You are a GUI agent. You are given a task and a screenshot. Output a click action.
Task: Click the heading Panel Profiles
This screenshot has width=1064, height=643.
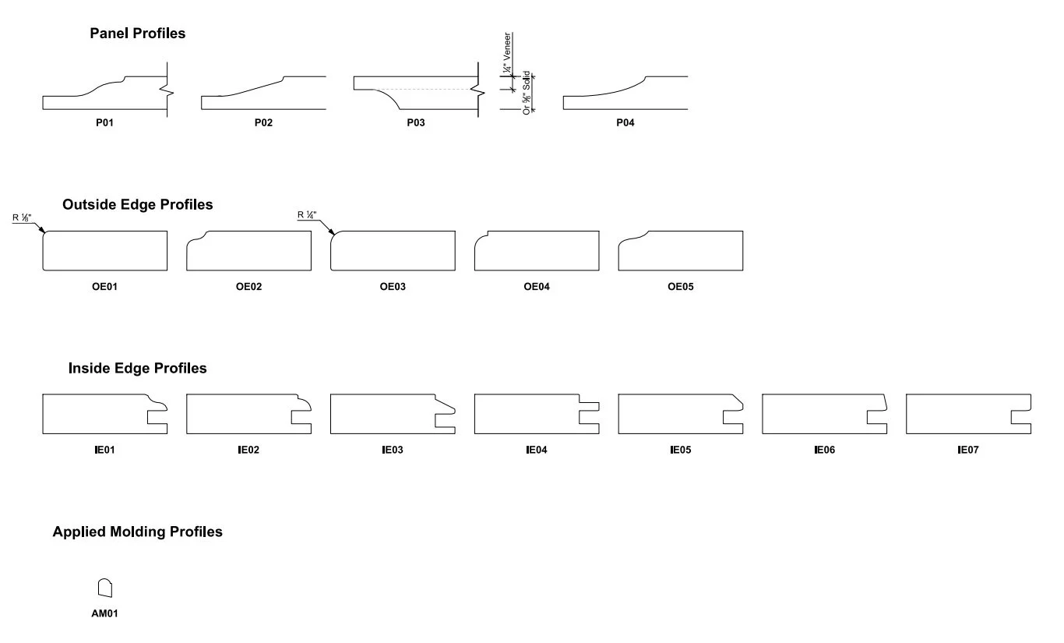[137, 34]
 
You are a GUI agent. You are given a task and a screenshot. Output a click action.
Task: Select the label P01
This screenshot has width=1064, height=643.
[104, 123]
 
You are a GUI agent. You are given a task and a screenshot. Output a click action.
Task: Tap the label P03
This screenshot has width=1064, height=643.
[416, 123]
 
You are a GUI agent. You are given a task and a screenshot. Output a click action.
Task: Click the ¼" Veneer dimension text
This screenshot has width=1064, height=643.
[508, 53]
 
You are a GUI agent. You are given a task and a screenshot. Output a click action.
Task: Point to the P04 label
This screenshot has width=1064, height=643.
[625, 123]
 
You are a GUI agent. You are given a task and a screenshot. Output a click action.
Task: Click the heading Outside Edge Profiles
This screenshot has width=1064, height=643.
[137, 205]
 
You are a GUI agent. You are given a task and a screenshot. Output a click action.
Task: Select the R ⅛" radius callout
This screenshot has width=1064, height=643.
[22, 218]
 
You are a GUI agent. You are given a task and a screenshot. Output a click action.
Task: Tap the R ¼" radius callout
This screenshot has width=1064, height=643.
[308, 216]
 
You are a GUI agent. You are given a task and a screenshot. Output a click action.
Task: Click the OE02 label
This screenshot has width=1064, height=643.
[248, 287]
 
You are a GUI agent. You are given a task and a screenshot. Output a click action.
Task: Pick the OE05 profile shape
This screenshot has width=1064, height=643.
[680, 251]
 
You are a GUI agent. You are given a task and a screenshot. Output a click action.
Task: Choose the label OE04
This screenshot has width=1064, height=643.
[537, 287]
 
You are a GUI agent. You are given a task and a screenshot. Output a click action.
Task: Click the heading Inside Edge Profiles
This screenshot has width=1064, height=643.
[137, 369]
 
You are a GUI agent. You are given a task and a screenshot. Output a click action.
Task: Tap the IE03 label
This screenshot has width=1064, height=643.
[393, 450]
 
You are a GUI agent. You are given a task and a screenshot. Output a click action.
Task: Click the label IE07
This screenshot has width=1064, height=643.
[968, 450]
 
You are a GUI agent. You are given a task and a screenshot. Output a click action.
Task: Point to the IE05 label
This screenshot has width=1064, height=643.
[680, 450]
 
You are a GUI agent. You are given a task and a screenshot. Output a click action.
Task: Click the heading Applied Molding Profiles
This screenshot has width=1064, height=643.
[137, 532]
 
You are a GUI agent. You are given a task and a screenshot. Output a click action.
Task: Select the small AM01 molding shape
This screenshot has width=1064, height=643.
[104, 588]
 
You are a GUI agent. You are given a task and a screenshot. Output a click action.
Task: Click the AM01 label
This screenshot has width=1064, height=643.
[104, 614]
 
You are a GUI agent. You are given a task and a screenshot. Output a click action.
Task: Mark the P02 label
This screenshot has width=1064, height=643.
[263, 123]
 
